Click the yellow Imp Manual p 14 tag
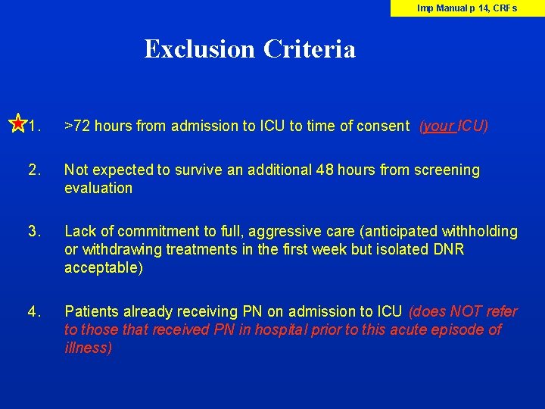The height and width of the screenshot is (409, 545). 467,8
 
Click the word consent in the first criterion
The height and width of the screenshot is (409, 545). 385,126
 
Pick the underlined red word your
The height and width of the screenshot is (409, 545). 439,126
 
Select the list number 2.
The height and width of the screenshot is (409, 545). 33,170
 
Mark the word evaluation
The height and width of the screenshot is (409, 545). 98,188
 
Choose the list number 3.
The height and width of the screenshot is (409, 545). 33,231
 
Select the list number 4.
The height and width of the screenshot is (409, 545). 33,311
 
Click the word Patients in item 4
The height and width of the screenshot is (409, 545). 91,311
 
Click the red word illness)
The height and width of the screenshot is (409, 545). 88,348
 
